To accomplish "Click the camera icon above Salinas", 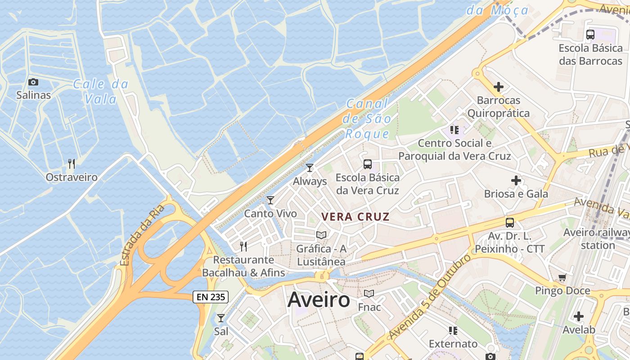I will pyautogui.click(x=33, y=82).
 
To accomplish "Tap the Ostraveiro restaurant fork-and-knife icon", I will pyautogui.click(x=71, y=163).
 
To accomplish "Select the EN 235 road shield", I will pyautogui.click(x=211, y=297).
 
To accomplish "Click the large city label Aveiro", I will pyautogui.click(x=319, y=300).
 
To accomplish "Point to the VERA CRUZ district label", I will pyautogui.click(x=355, y=216).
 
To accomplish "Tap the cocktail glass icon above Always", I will pyautogui.click(x=310, y=168).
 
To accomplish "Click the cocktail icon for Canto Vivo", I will pyautogui.click(x=270, y=200).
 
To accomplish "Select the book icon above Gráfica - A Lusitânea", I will pyautogui.click(x=321, y=235).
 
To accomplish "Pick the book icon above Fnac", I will pyautogui.click(x=369, y=293).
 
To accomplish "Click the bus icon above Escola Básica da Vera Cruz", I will pyautogui.click(x=368, y=164).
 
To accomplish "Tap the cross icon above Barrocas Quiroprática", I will pyautogui.click(x=498, y=86).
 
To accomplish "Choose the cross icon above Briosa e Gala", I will pyautogui.click(x=516, y=180).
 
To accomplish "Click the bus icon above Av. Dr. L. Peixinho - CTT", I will pyautogui.click(x=510, y=222).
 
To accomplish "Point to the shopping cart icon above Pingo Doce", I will pyautogui.click(x=562, y=277).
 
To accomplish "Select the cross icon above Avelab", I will pyautogui.click(x=578, y=316).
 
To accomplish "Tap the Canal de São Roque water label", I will pyautogui.click(x=367, y=119).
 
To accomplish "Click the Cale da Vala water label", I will pyautogui.click(x=101, y=91).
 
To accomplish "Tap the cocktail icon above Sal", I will pyautogui.click(x=220, y=318).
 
